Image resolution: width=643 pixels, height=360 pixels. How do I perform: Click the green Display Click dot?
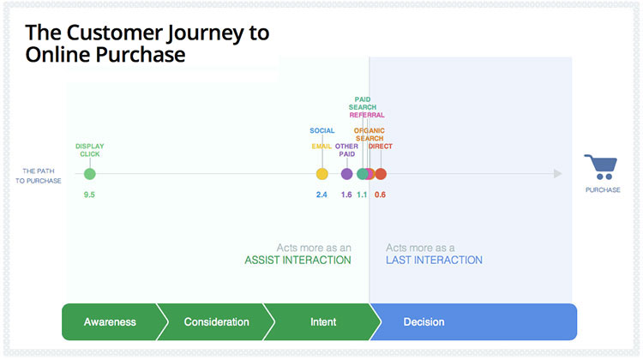(90, 174)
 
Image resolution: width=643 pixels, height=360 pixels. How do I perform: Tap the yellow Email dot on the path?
(321, 174)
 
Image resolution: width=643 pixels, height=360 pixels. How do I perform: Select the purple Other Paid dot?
(347, 174)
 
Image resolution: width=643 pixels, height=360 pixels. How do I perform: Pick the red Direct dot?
(381, 174)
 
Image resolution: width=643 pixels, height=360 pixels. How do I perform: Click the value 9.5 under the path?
(89, 195)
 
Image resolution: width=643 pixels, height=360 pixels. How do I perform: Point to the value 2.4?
(321, 195)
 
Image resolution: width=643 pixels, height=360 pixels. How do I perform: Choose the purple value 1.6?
(346, 195)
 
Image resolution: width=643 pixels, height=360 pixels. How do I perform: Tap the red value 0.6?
(380, 195)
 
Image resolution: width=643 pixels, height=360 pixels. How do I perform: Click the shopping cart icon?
(601, 167)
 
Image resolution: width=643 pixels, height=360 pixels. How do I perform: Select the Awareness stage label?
(110, 322)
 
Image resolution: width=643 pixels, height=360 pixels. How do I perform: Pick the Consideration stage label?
(217, 322)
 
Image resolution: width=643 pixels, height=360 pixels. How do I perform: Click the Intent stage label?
(323, 322)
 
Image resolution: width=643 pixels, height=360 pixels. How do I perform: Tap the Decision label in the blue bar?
(424, 322)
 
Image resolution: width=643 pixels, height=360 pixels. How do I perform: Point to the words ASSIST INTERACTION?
(297, 260)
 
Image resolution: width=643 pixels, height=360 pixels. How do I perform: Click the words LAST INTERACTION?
(434, 260)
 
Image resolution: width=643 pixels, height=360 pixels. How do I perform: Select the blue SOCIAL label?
(321, 131)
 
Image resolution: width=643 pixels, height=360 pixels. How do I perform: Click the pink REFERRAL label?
(367, 115)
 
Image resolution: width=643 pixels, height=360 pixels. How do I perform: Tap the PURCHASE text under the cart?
(603, 189)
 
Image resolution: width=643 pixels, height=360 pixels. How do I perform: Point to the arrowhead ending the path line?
(558, 174)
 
